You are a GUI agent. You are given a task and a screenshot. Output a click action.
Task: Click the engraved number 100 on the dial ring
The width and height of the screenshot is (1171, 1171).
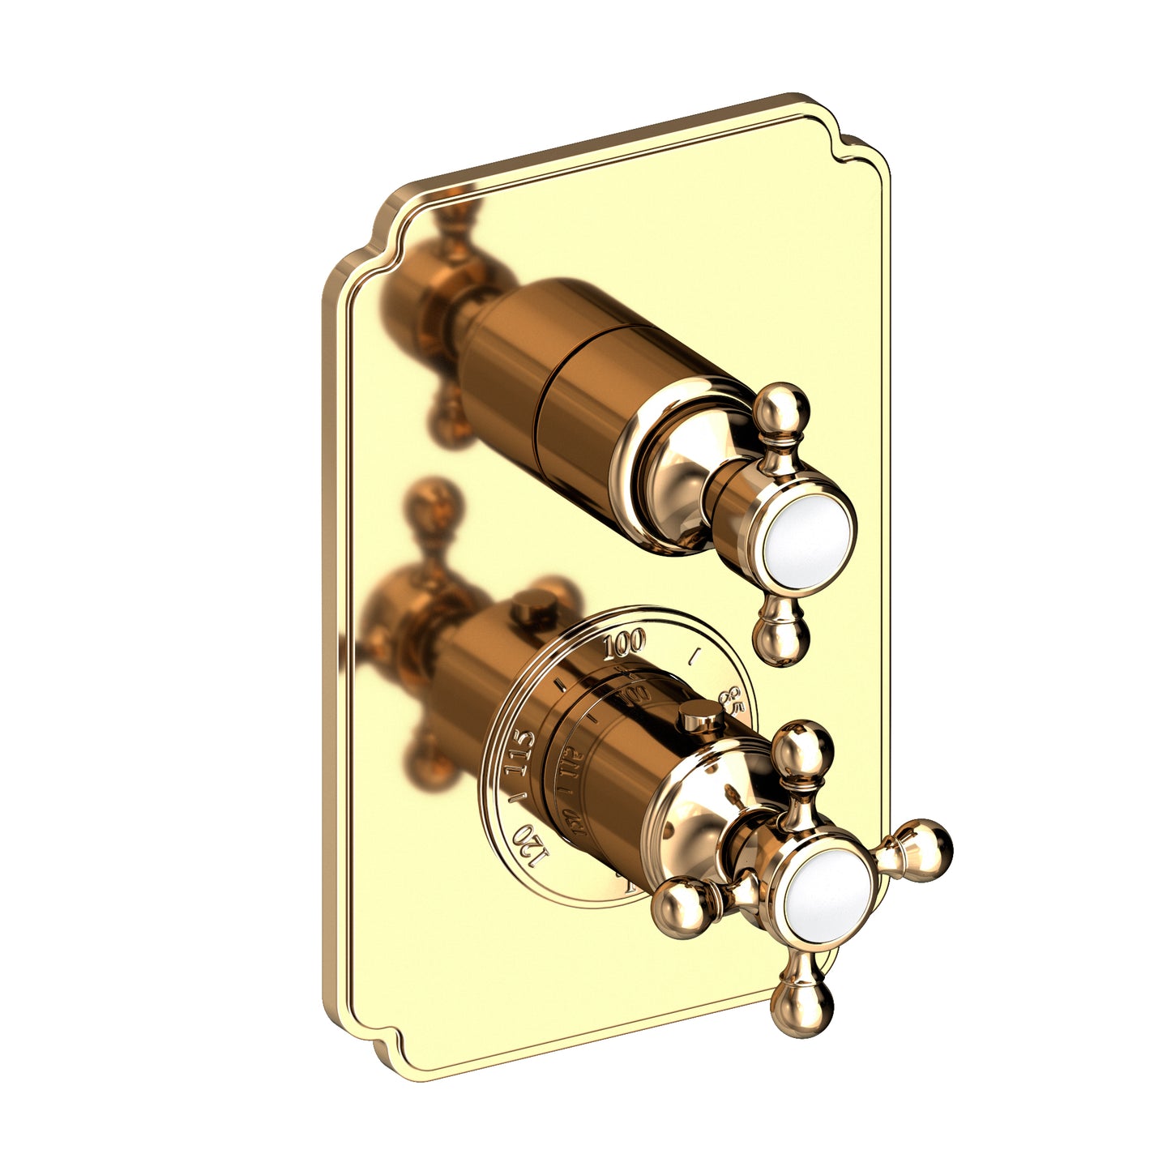(624, 645)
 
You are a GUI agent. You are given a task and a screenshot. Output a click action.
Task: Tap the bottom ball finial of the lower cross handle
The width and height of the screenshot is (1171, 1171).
(801, 1007)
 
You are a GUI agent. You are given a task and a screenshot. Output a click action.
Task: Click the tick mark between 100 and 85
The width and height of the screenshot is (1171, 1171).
(693, 656)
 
